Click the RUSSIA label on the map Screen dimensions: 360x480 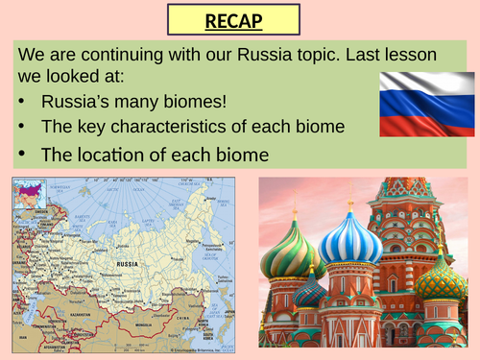click(x=128, y=261)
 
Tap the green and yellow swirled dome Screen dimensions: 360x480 click(x=292, y=253)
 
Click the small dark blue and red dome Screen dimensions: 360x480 click(x=309, y=290)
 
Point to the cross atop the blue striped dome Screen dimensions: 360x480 click(x=349, y=204)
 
